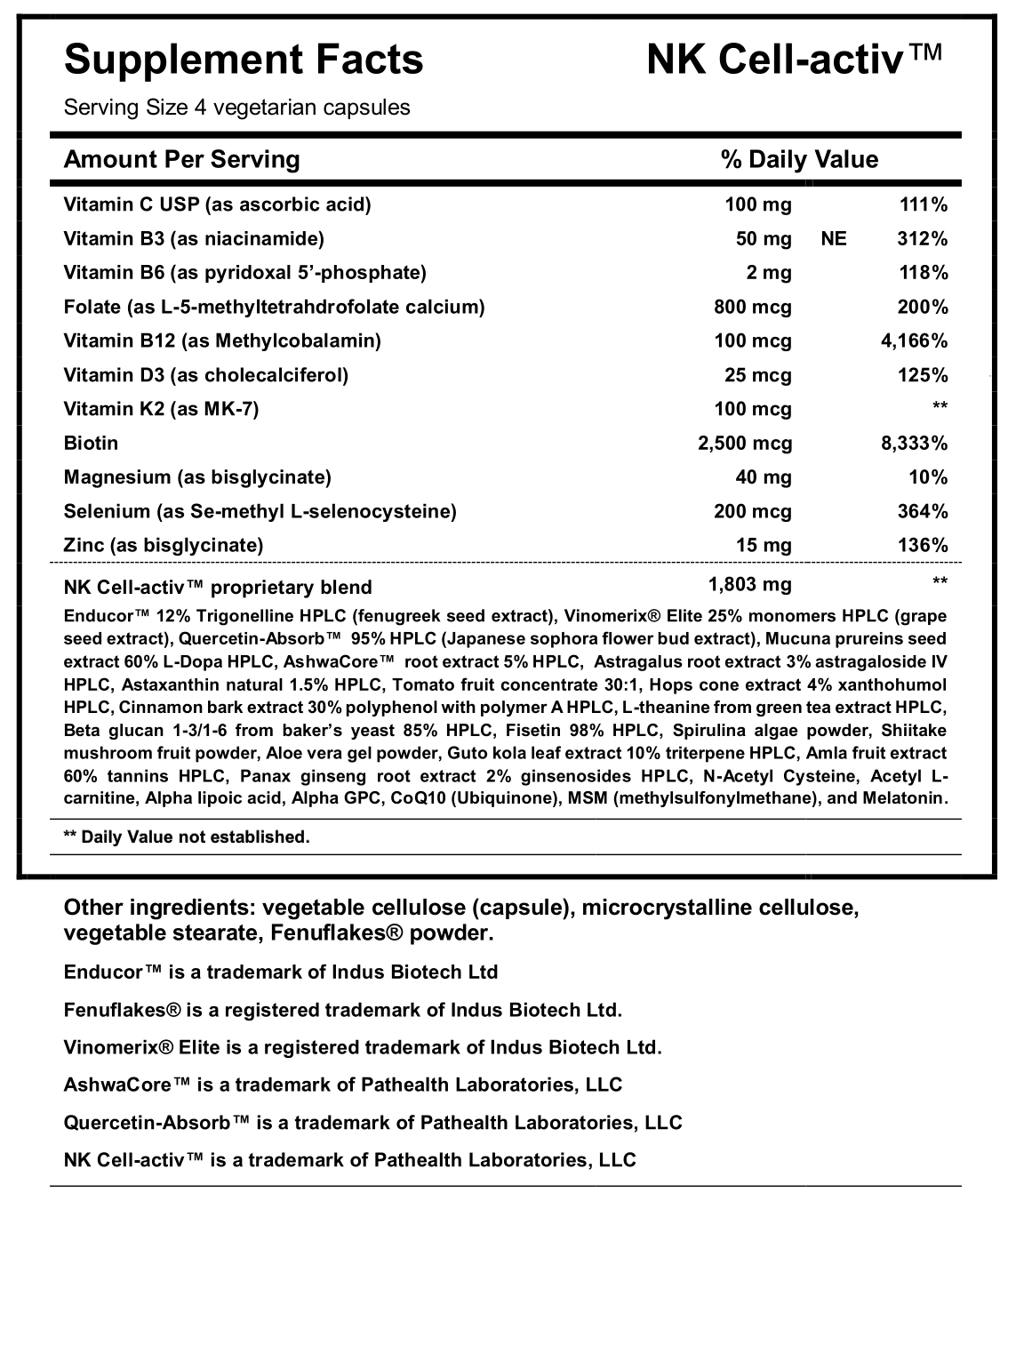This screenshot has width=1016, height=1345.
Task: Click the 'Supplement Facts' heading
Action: [244, 60]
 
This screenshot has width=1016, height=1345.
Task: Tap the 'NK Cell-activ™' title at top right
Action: [794, 60]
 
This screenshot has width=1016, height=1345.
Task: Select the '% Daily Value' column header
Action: [799, 159]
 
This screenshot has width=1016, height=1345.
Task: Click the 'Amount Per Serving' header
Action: [182, 159]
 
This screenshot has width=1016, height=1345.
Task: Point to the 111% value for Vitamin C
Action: [924, 204]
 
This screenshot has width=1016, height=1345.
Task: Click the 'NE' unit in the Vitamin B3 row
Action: [835, 238]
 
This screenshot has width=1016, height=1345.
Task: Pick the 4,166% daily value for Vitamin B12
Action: [913, 340]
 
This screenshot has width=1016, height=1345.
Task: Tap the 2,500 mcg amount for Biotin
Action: [745, 443]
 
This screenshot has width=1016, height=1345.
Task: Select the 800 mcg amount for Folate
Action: [752, 307]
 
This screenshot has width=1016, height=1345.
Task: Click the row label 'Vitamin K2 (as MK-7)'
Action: [162, 409]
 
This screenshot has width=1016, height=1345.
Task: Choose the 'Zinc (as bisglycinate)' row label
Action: [164, 545]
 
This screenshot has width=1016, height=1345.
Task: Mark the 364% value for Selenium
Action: [924, 511]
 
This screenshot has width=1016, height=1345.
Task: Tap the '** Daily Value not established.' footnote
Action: [187, 837]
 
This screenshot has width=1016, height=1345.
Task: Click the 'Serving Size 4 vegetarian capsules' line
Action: [237, 108]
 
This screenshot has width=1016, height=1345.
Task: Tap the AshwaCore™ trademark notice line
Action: [343, 1085]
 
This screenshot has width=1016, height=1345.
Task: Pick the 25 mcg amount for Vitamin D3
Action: [758, 375]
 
